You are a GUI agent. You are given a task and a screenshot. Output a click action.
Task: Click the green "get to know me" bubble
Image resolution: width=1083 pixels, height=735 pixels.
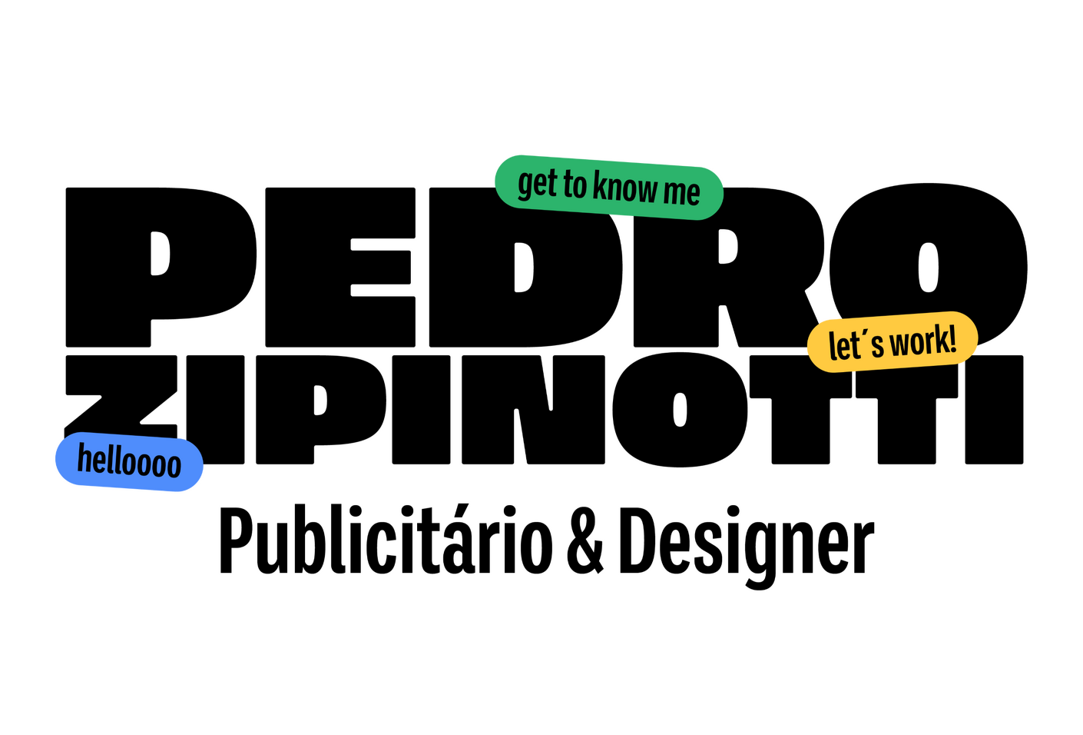(608, 187)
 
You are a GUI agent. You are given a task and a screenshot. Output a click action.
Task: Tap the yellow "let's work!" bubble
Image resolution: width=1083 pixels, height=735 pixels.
(892, 342)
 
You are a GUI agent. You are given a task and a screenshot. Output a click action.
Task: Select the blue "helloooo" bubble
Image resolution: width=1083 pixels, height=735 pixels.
(129, 462)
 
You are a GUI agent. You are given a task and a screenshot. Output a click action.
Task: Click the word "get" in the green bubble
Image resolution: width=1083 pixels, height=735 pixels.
(537, 184)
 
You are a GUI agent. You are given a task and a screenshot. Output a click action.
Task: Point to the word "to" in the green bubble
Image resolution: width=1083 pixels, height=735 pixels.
(575, 185)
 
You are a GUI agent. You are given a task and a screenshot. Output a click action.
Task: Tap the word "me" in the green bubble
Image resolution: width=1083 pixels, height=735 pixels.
(682, 192)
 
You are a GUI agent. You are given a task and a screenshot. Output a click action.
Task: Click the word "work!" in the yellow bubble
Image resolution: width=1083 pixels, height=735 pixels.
(922, 341)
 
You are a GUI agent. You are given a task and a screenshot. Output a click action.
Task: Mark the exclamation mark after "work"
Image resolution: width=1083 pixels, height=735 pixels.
(952, 338)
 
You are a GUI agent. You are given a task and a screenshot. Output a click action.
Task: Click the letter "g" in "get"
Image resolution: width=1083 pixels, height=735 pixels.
(526, 185)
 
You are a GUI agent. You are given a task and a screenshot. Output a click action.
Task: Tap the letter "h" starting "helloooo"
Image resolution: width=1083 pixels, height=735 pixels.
(84, 459)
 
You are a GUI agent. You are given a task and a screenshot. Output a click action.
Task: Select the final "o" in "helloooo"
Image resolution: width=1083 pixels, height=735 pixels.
(173, 466)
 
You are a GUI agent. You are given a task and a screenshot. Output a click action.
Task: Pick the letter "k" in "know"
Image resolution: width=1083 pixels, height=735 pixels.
(600, 186)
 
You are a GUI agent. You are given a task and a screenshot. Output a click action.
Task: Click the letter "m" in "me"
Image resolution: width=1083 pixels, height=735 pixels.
(674, 192)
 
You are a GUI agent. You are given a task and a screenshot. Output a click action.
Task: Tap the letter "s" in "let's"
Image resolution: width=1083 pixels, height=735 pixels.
(876, 346)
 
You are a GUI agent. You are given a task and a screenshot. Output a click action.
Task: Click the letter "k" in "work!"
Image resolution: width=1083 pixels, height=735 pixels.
(940, 338)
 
